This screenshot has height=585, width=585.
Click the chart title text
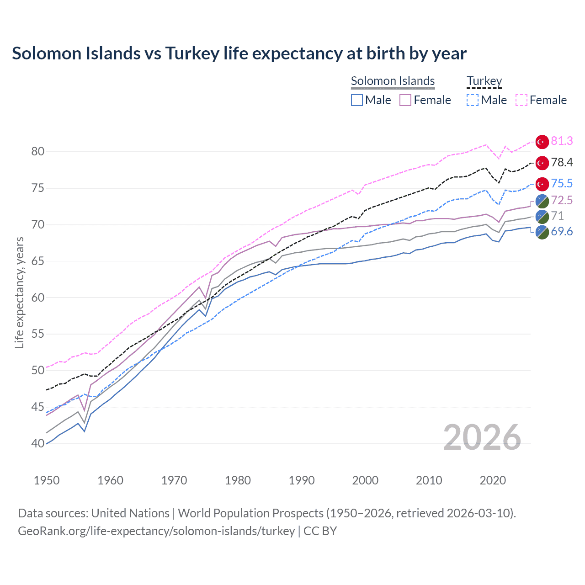coord(239,53)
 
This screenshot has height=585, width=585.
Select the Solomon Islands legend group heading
coord(393,81)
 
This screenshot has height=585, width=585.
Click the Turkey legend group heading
coord(484,81)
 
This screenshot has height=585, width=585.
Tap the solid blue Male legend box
coord(357,100)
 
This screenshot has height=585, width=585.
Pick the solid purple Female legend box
coord(405,100)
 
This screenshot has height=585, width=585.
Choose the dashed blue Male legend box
coord(473,100)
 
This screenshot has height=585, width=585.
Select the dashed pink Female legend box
coord(521,100)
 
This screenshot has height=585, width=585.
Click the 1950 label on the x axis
coord(47,480)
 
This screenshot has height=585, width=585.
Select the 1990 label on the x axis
coord(302,480)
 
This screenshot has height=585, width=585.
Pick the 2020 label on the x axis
coord(493,480)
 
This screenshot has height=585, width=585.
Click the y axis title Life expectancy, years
coord(19,292)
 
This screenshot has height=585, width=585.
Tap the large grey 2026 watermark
coord(482,437)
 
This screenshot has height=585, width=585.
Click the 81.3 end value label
coord(562,141)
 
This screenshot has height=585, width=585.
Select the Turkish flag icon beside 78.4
coord(542,163)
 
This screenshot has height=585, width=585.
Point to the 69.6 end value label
coord(562,232)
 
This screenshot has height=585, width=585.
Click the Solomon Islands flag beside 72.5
coord(542,201)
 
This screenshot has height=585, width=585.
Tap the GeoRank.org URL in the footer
coord(156,531)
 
